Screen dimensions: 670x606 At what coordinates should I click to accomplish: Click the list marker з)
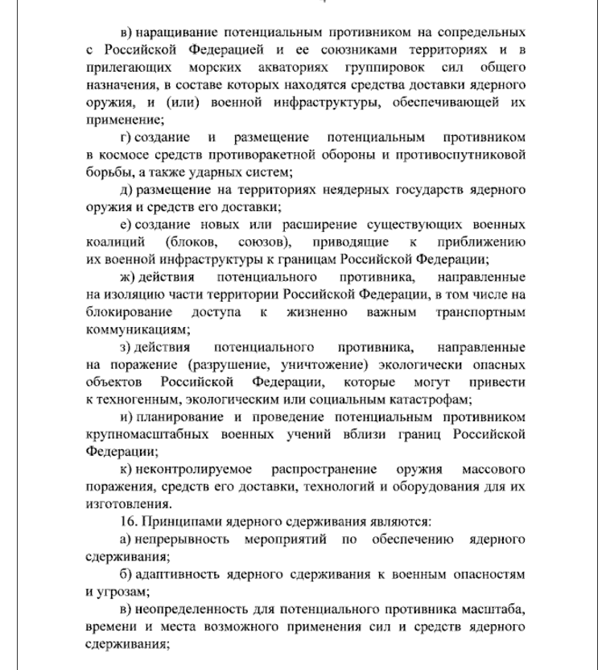pos(126,347)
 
